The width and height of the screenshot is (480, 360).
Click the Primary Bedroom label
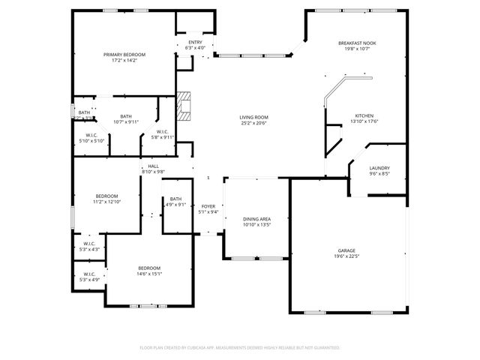pos(124,55)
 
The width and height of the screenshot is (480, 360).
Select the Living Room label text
pos(254,117)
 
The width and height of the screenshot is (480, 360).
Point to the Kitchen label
pos(364,115)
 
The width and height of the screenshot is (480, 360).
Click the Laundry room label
pos(379,168)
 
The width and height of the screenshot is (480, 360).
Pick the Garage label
pos(346,250)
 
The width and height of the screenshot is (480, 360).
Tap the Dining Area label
pos(256,218)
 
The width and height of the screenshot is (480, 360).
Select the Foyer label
pos(208,206)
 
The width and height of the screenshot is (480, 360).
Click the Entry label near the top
pos(195,42)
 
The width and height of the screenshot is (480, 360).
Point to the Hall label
pos(153,166)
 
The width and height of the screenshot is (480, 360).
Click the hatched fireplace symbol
pos(184,106)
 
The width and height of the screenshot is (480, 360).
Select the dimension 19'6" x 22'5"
pos(346,256)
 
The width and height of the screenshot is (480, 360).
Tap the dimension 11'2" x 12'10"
pos(106,202)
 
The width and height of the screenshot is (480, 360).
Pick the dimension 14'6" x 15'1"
pos(148,274)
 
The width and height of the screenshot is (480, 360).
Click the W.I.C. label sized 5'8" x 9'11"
pos(163,133)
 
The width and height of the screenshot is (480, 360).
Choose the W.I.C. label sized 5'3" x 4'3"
pos(88,244)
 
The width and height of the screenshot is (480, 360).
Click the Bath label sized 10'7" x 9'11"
pos(126,116)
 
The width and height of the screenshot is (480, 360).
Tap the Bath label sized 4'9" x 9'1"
pos(175,199)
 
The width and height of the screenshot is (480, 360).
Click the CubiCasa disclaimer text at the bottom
pos(239,347)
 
